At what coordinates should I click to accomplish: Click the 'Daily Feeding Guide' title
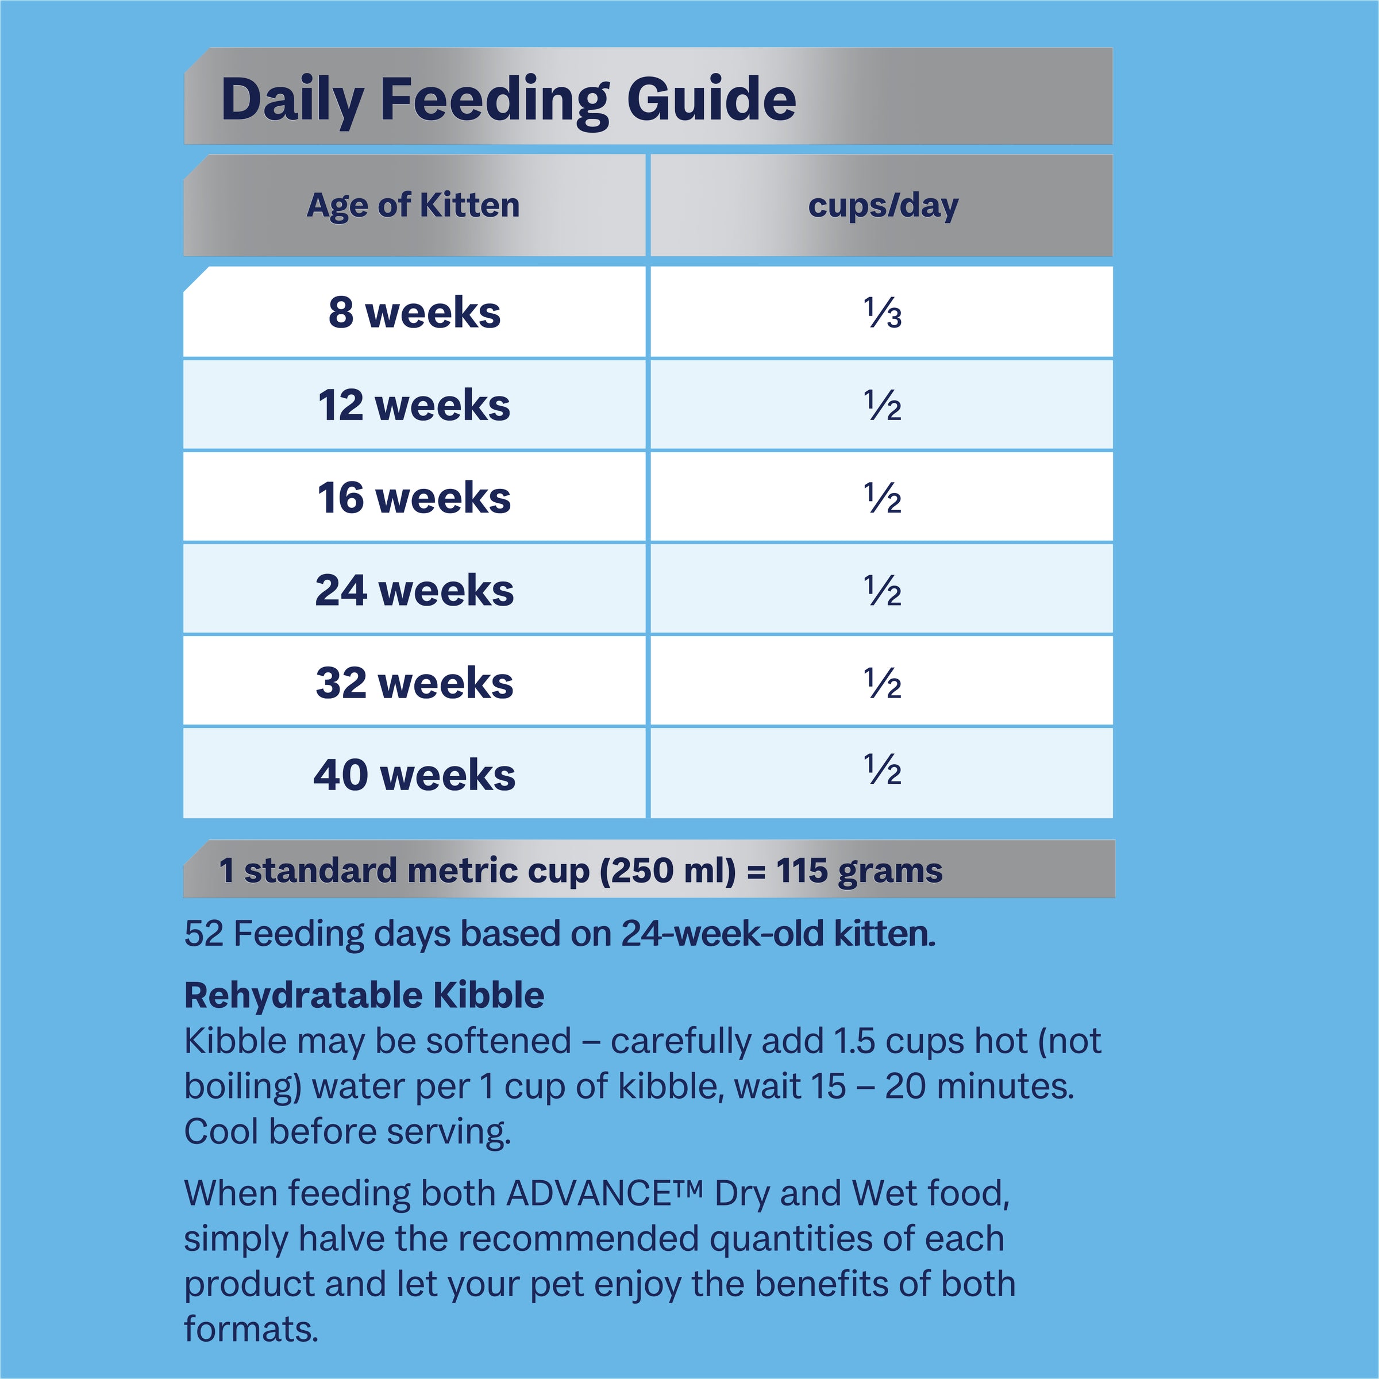click(508, 99)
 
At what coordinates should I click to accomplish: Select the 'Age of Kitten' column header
click(413, 206)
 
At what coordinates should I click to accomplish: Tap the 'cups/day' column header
click(883, 206)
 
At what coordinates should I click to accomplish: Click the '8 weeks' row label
click(414, 313)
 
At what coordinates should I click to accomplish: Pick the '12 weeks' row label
click(414, 406)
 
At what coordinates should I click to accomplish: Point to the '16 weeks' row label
click(414, 498)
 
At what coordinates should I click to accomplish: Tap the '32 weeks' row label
click(414, 683)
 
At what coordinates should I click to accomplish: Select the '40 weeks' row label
click(414, 775)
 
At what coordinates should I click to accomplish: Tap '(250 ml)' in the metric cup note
click(667, 871)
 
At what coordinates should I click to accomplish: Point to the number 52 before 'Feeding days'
click(204, 934)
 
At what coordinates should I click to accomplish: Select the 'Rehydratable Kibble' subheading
click(364, 995)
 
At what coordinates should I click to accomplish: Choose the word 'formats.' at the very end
click(251, 1330)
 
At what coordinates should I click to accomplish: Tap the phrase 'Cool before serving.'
click(348, 1132)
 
